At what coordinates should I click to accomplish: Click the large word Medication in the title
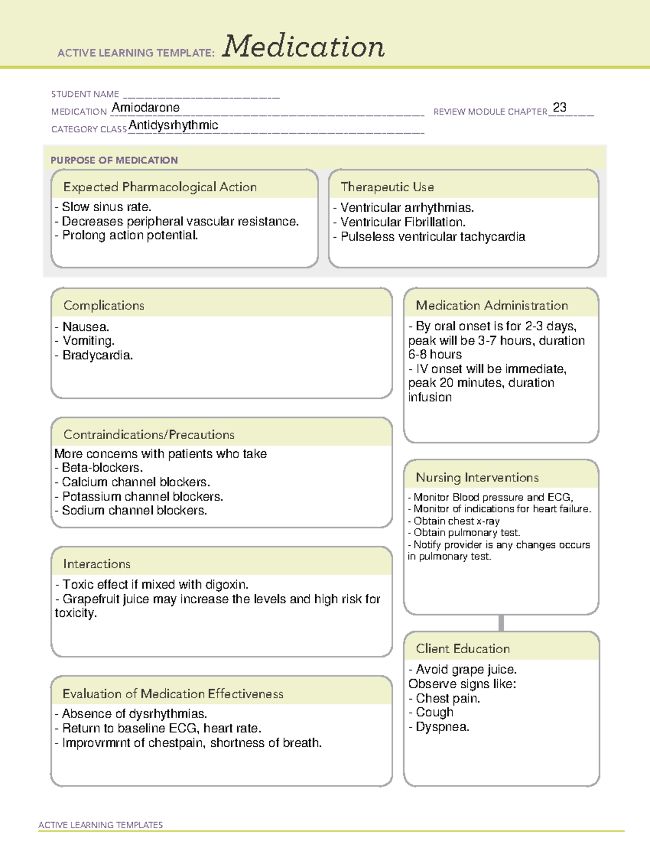(303, 47)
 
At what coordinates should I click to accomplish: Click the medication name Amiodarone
(146, 108)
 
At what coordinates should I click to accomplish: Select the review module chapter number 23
(560, 107)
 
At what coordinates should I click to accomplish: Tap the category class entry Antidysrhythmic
(173, 125)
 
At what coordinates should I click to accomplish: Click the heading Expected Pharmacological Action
(160, 187)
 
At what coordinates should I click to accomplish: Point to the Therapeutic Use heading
(387, 187)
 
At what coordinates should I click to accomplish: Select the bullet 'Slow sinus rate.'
(106, 207)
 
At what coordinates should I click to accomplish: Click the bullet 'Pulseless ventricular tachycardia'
(432, 237)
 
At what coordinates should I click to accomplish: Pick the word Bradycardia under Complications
(97, 355)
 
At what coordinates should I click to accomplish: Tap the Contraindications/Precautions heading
(149, 434)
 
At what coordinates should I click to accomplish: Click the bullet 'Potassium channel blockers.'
(142, 496)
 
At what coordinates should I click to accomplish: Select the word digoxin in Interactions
(226, 584)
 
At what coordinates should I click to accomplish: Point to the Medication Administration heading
(492, 305)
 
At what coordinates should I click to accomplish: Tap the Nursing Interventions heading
(477, 478)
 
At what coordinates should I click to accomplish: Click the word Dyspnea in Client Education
(442, 727)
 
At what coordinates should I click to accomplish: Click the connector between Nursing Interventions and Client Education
(501, 623)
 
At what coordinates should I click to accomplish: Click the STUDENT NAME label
(85, 94)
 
